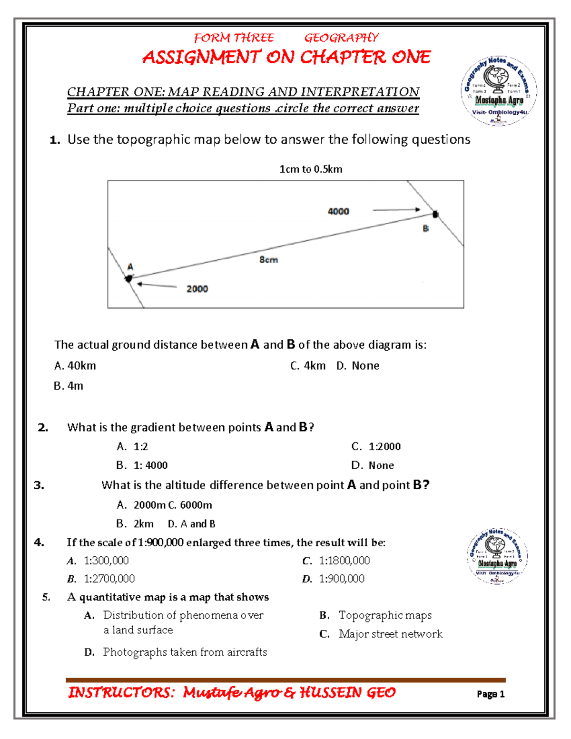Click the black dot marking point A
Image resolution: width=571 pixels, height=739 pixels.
[x=128, y=278]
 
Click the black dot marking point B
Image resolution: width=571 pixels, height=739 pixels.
[x=435, y=214]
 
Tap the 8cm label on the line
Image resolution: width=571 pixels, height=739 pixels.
[x=268, y=260]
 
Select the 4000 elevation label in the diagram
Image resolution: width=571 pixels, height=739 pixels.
[x=338, y=211]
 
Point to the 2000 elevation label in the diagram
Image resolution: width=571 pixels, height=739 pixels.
[x=197, y=289]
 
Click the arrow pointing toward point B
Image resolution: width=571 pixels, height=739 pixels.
[x=396, y=209]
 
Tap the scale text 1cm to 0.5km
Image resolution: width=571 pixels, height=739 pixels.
[x=311, y=169]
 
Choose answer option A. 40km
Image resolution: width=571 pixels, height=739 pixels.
[x=75, y=365]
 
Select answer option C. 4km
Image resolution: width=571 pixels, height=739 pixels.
[x=308, y=365]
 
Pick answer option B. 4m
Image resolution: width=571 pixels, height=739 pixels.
[x=69, y=386]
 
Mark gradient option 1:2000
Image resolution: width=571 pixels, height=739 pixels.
[x=376, y=446]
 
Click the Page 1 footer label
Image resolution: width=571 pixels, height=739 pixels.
[x=490, y=694]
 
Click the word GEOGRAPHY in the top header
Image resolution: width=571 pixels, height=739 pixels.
[x=341, y=38]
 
